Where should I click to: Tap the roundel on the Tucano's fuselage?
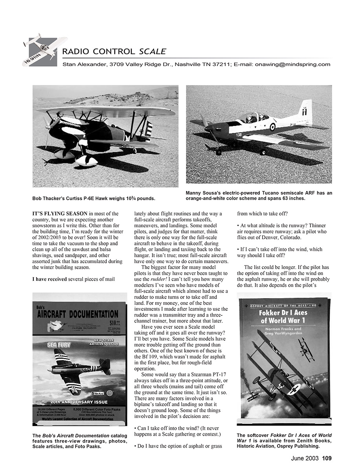pyautogui.click(x=272, y=126)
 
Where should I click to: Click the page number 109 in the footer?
pyautogui.click(x=327, y=457)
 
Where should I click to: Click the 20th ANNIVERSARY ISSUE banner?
pyautogui.click(x=78, y=402)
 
